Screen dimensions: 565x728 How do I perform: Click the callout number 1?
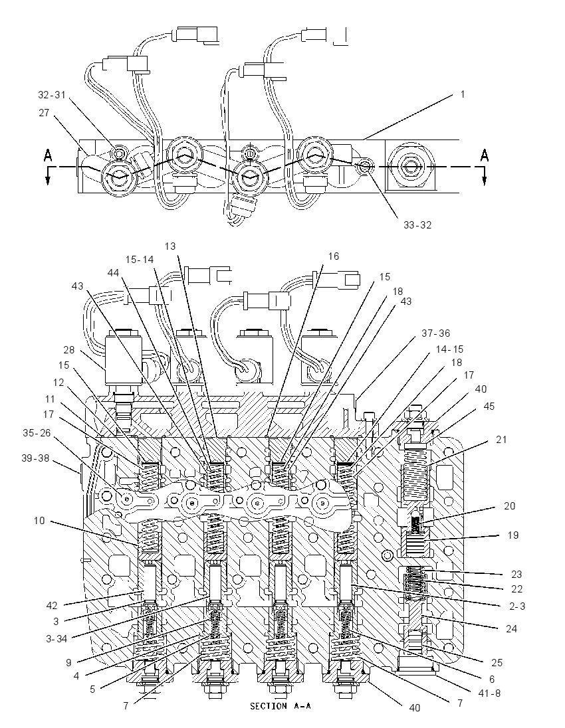[463, 94]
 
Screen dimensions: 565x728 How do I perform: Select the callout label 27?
[44, 113]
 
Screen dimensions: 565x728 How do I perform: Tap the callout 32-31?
[52, 95]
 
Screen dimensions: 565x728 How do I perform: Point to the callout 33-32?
[417, 225]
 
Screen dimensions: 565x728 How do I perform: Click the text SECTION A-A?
[281, 706]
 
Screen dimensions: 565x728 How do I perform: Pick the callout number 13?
[170, 246]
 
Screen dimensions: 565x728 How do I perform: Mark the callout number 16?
[333, 256]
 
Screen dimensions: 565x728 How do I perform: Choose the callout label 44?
[114, 274]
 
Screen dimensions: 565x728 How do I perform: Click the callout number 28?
[69, 349]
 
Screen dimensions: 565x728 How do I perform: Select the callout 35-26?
[37, 433]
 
